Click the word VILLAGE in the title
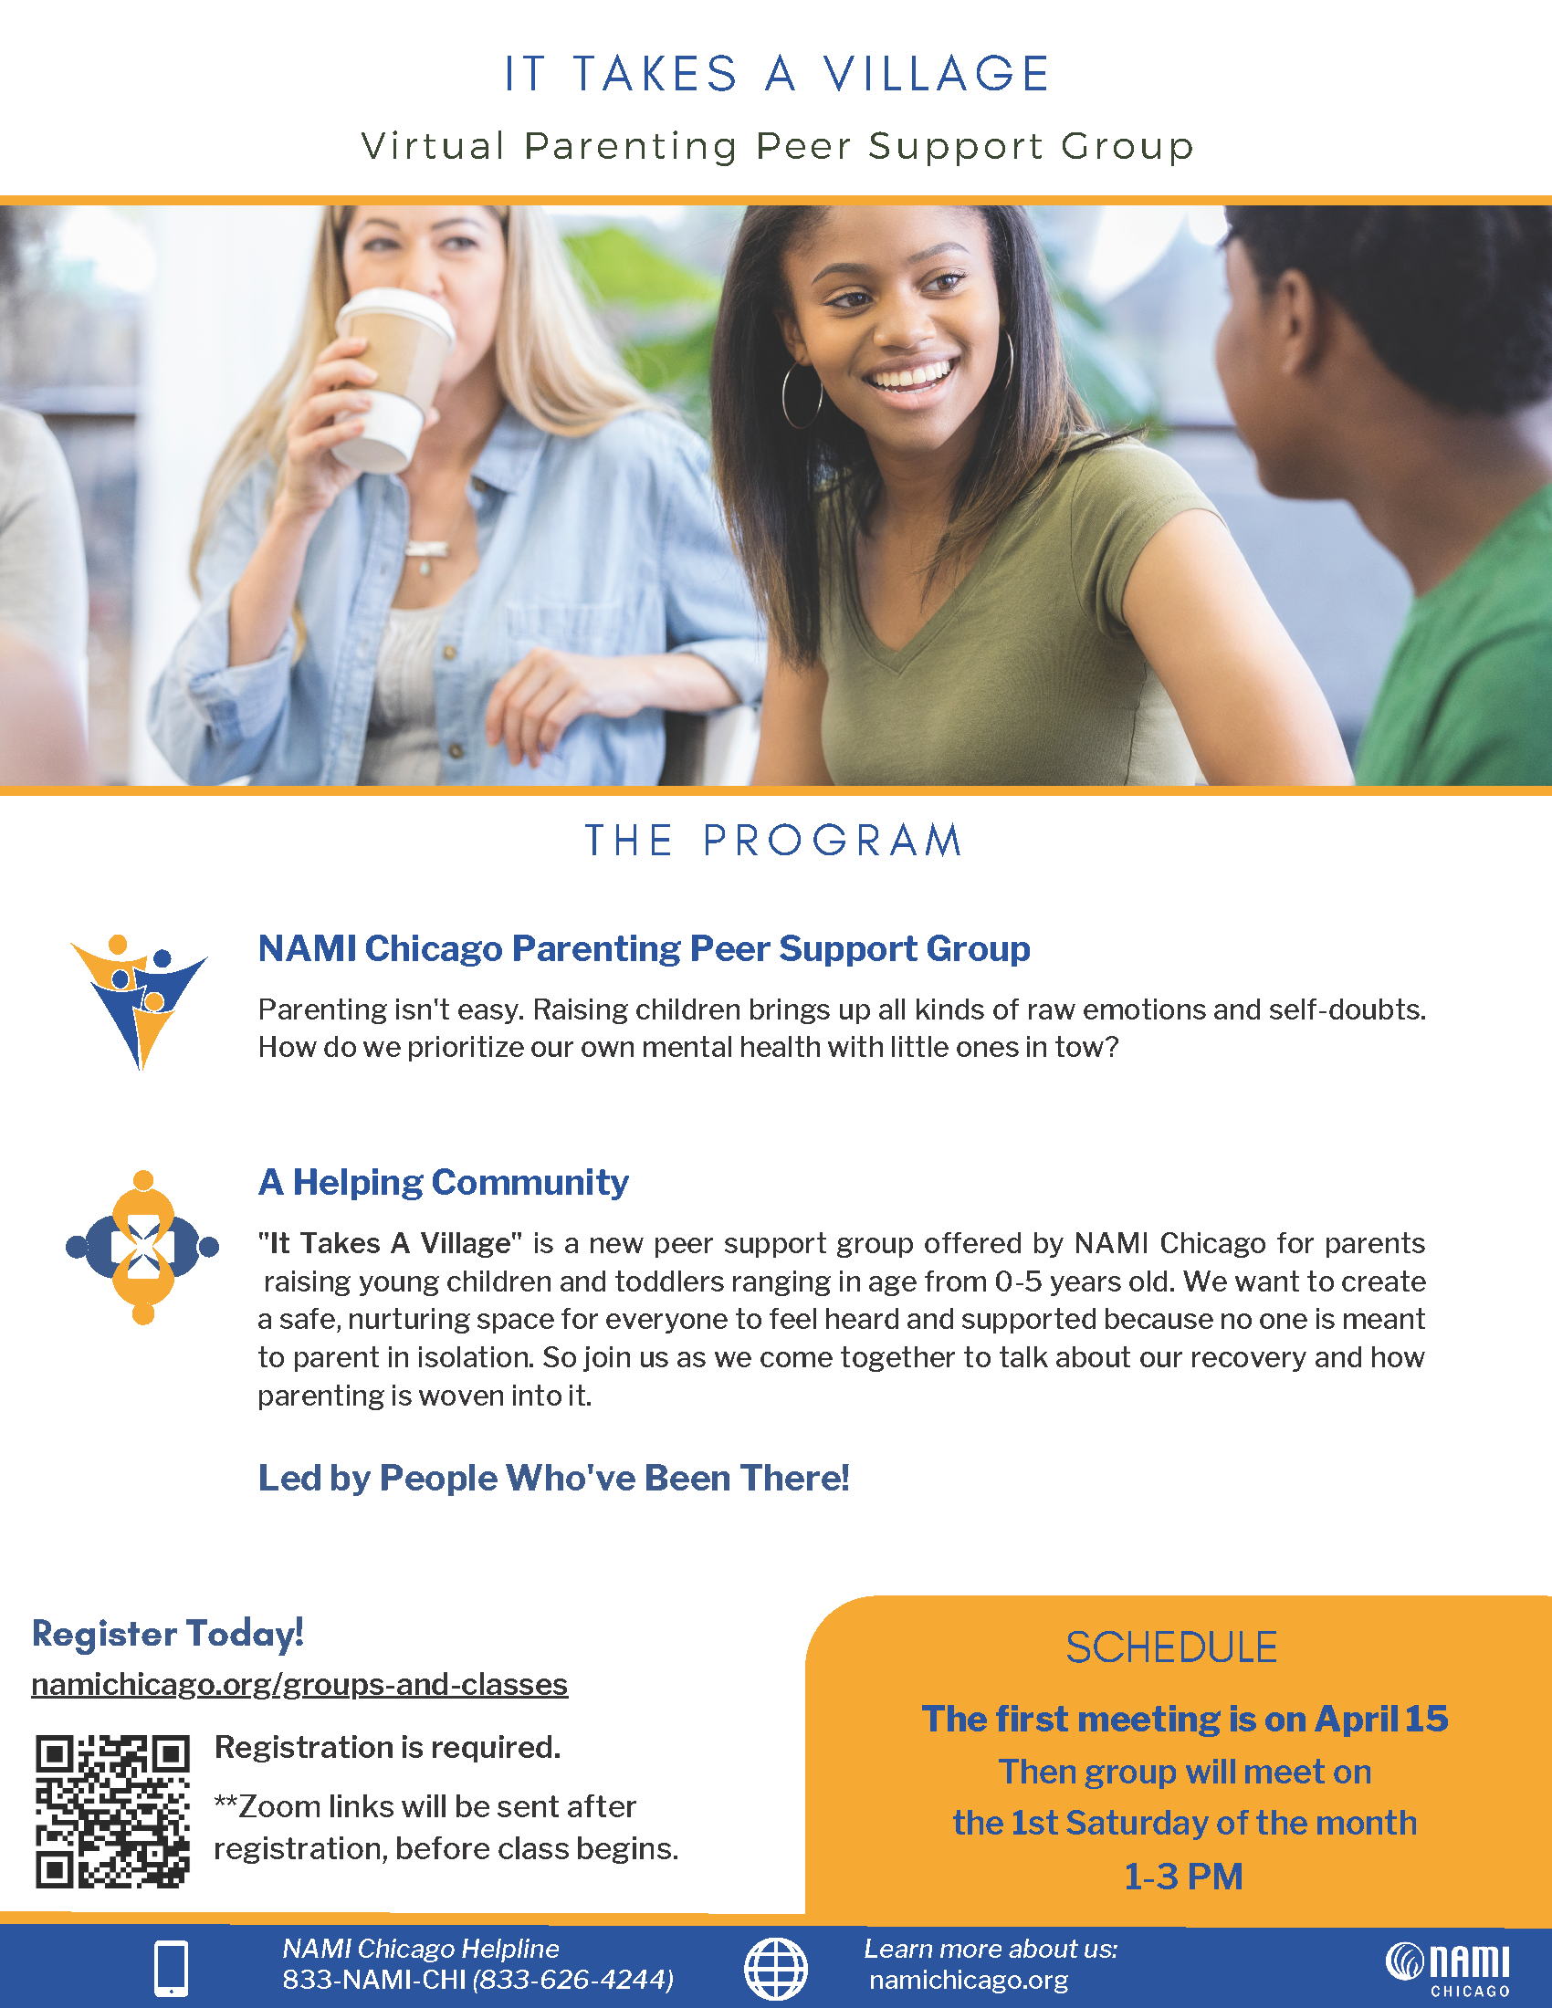click(x=936, y=74)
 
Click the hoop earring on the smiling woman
click(x=802, y=395)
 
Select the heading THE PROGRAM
click(x=774, y=841)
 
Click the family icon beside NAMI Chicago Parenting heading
click(x=139, y=1000)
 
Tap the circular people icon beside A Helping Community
click(x=142, y=1247)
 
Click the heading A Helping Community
click(x=443, y=1182)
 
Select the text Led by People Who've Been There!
click(x=553, y=1478)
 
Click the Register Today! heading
click(x=167, y=1634)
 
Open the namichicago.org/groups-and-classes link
click(x=299, y=1684)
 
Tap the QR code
click(x=112, y=1812)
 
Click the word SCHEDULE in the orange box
click(x=1171, y=1647)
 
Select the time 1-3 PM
click(x=1183, y=1877)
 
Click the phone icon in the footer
click(x=171, y=1970)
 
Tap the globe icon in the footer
click(x=775, y=1970)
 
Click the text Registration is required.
click(x=387, y=1747)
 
